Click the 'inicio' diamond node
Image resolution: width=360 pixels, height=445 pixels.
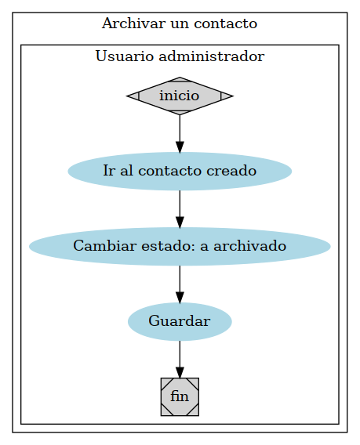point(180,96)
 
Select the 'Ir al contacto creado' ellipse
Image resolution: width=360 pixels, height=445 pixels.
point(180,171)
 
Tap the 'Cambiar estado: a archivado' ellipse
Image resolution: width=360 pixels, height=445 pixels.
point(180,246)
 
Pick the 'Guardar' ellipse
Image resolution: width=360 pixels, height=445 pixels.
point(180,321)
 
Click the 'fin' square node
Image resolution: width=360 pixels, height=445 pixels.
point(180,396)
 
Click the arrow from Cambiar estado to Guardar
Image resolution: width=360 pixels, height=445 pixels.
point(180,283)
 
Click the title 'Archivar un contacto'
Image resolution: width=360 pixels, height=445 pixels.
point(180,24)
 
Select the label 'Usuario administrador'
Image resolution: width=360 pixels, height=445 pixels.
point(180,56)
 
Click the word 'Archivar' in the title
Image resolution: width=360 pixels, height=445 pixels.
point(127,24)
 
